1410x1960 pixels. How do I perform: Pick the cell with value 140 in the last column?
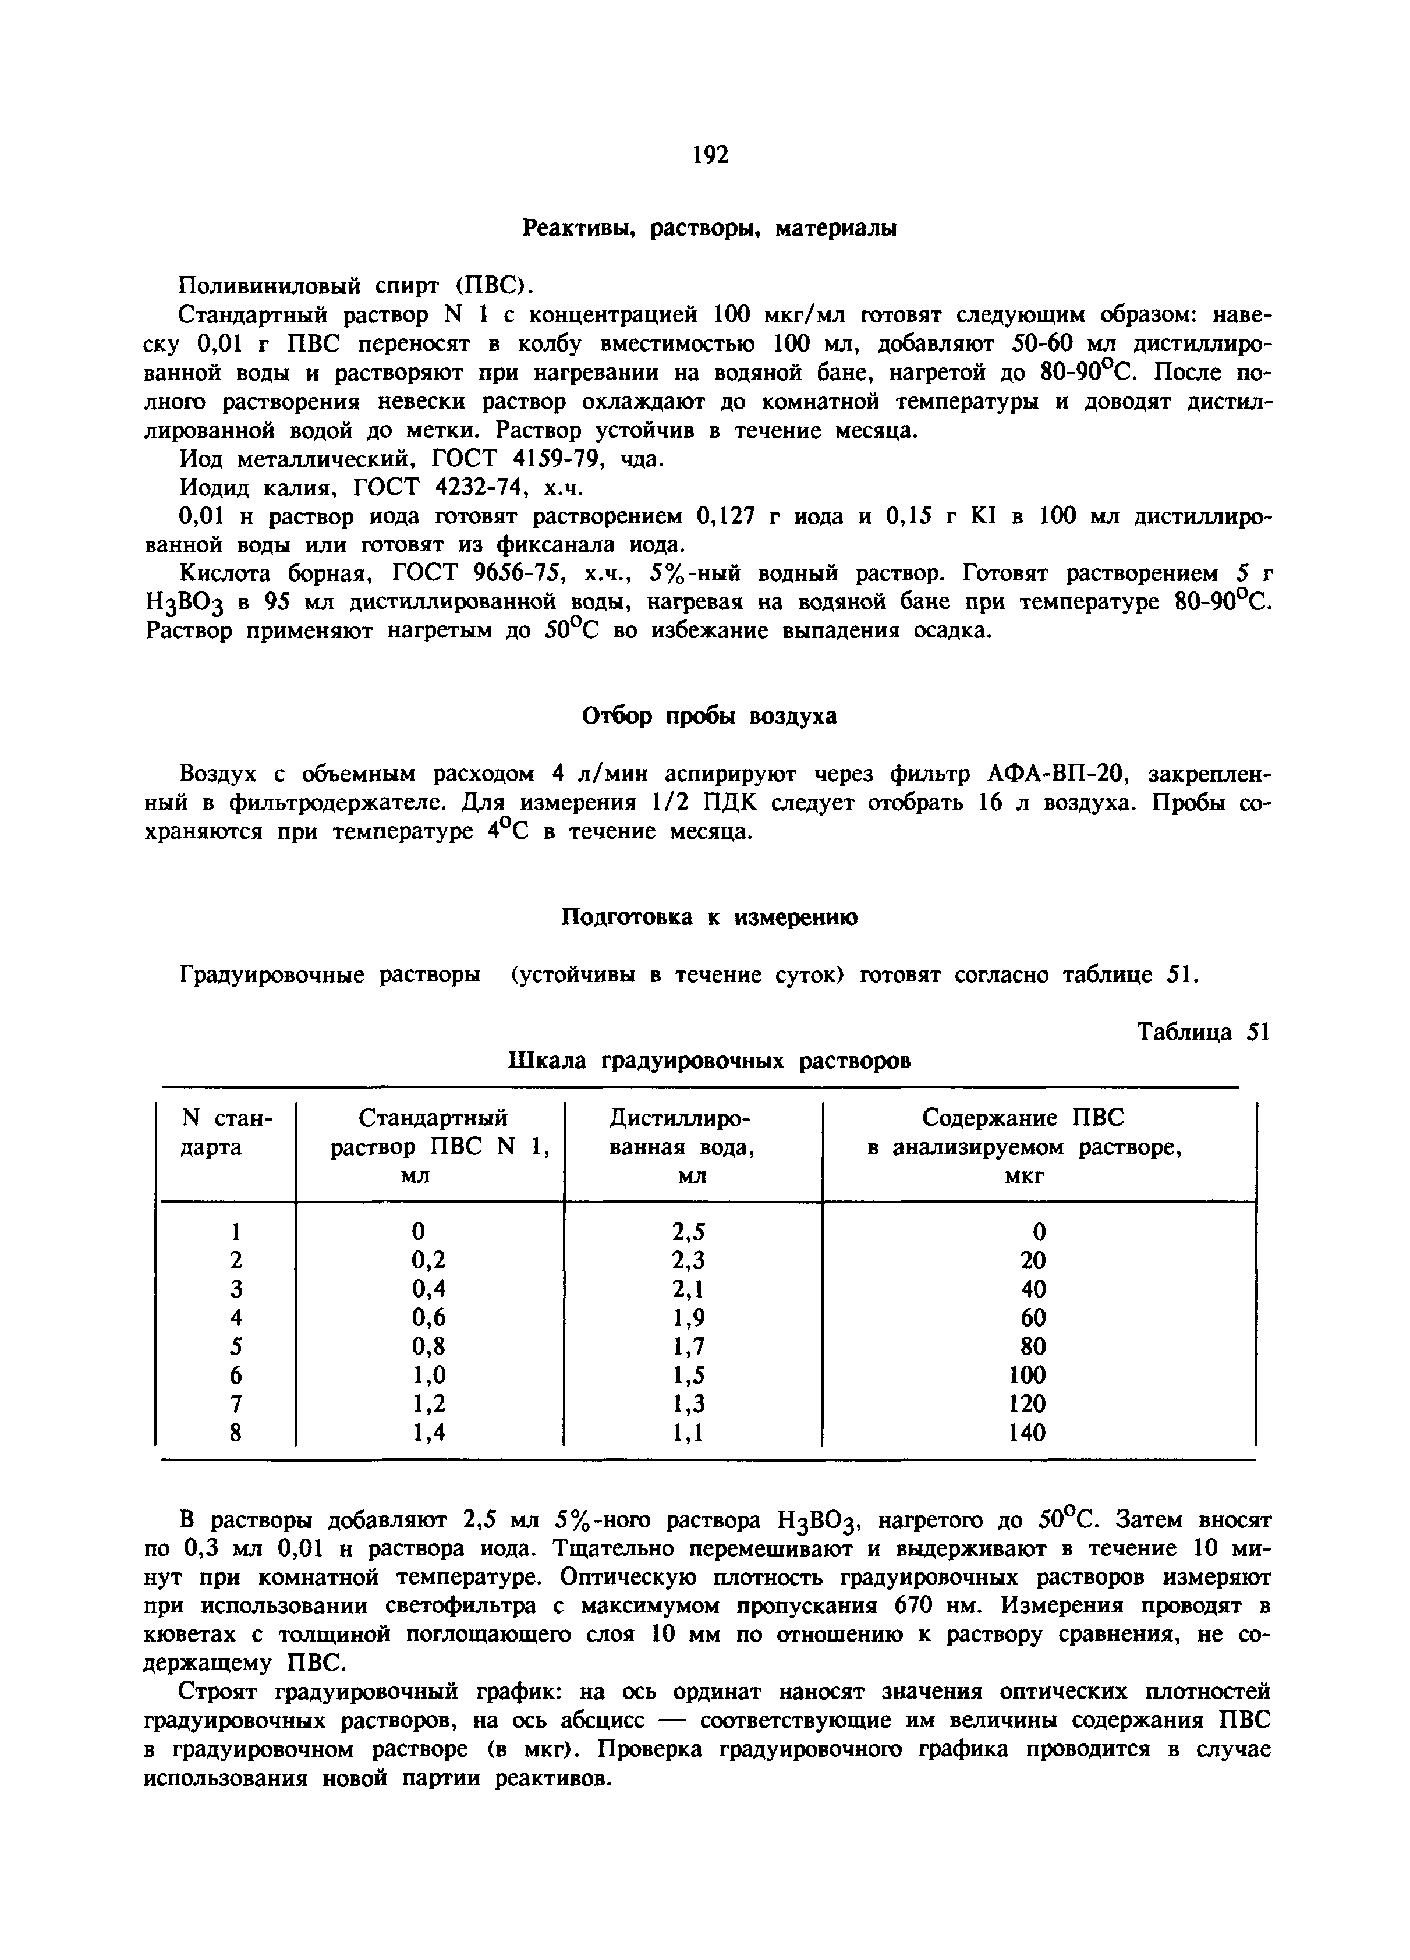point(1027,1433)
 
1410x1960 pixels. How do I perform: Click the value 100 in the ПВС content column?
point(1027,1376)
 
